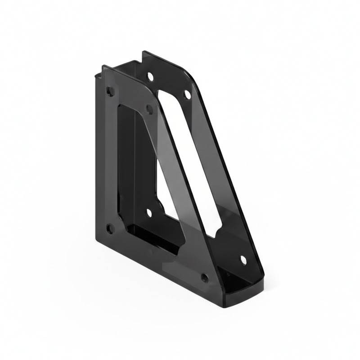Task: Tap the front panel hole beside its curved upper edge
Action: (149, 108)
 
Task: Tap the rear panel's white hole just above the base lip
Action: (243, 260)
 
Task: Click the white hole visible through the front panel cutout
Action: (149, 212)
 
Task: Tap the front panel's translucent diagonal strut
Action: (173, 180)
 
